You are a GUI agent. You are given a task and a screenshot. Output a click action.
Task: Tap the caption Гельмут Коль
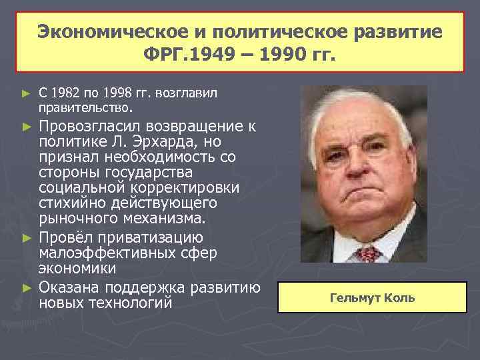pyautogui.click(x=372, y=297)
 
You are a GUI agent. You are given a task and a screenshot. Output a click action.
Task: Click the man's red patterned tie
pyautogui.click(x=367, y=253)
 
